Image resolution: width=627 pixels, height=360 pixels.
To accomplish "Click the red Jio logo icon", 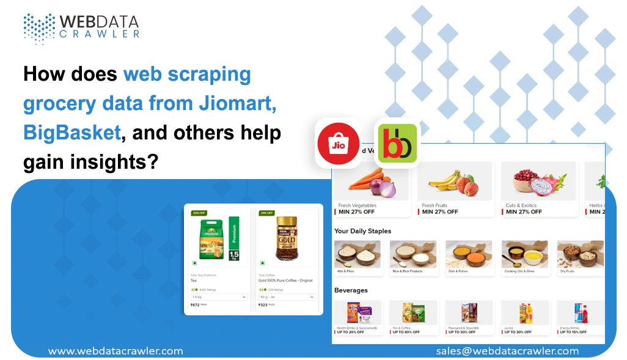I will (338, 144).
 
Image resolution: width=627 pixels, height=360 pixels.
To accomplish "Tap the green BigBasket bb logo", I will (397, 143).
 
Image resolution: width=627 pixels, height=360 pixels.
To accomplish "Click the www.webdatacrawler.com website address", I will (116, 351).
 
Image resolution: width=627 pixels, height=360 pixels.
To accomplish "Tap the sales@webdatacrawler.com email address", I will (507, 351).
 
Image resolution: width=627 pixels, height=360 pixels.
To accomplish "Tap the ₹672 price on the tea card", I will (196, 304).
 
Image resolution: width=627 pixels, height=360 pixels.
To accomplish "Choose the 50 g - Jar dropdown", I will (287, 297).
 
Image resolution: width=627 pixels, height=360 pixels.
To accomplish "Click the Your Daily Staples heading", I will (362, 231).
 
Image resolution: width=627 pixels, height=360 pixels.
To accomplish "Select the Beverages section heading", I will (351, 290).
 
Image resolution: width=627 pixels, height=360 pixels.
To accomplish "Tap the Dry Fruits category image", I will (580, 253).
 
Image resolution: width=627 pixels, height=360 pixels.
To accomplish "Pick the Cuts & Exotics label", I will (521, 205).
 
